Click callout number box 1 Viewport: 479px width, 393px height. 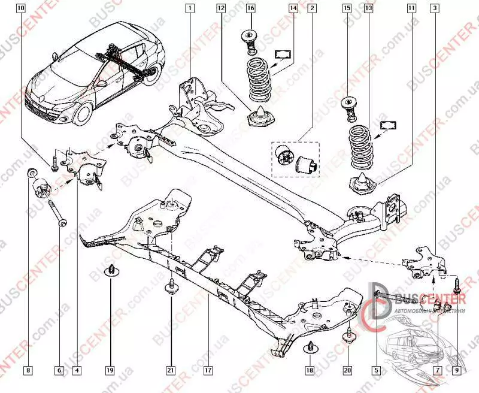coord(189,8)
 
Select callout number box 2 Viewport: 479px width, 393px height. coord(311,8)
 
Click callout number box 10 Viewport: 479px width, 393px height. coord(22,8)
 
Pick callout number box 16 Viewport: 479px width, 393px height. coord(250,8)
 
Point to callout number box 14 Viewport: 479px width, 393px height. coord(293,8)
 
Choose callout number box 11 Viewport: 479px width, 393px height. coord(411,8)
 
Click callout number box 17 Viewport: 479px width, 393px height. coord(208,371)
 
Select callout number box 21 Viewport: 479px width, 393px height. coord(171,371)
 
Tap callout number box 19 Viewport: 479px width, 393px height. coord(110,371)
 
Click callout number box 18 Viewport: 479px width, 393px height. coord(310,371)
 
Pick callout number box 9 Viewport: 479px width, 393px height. coord(457,371)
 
